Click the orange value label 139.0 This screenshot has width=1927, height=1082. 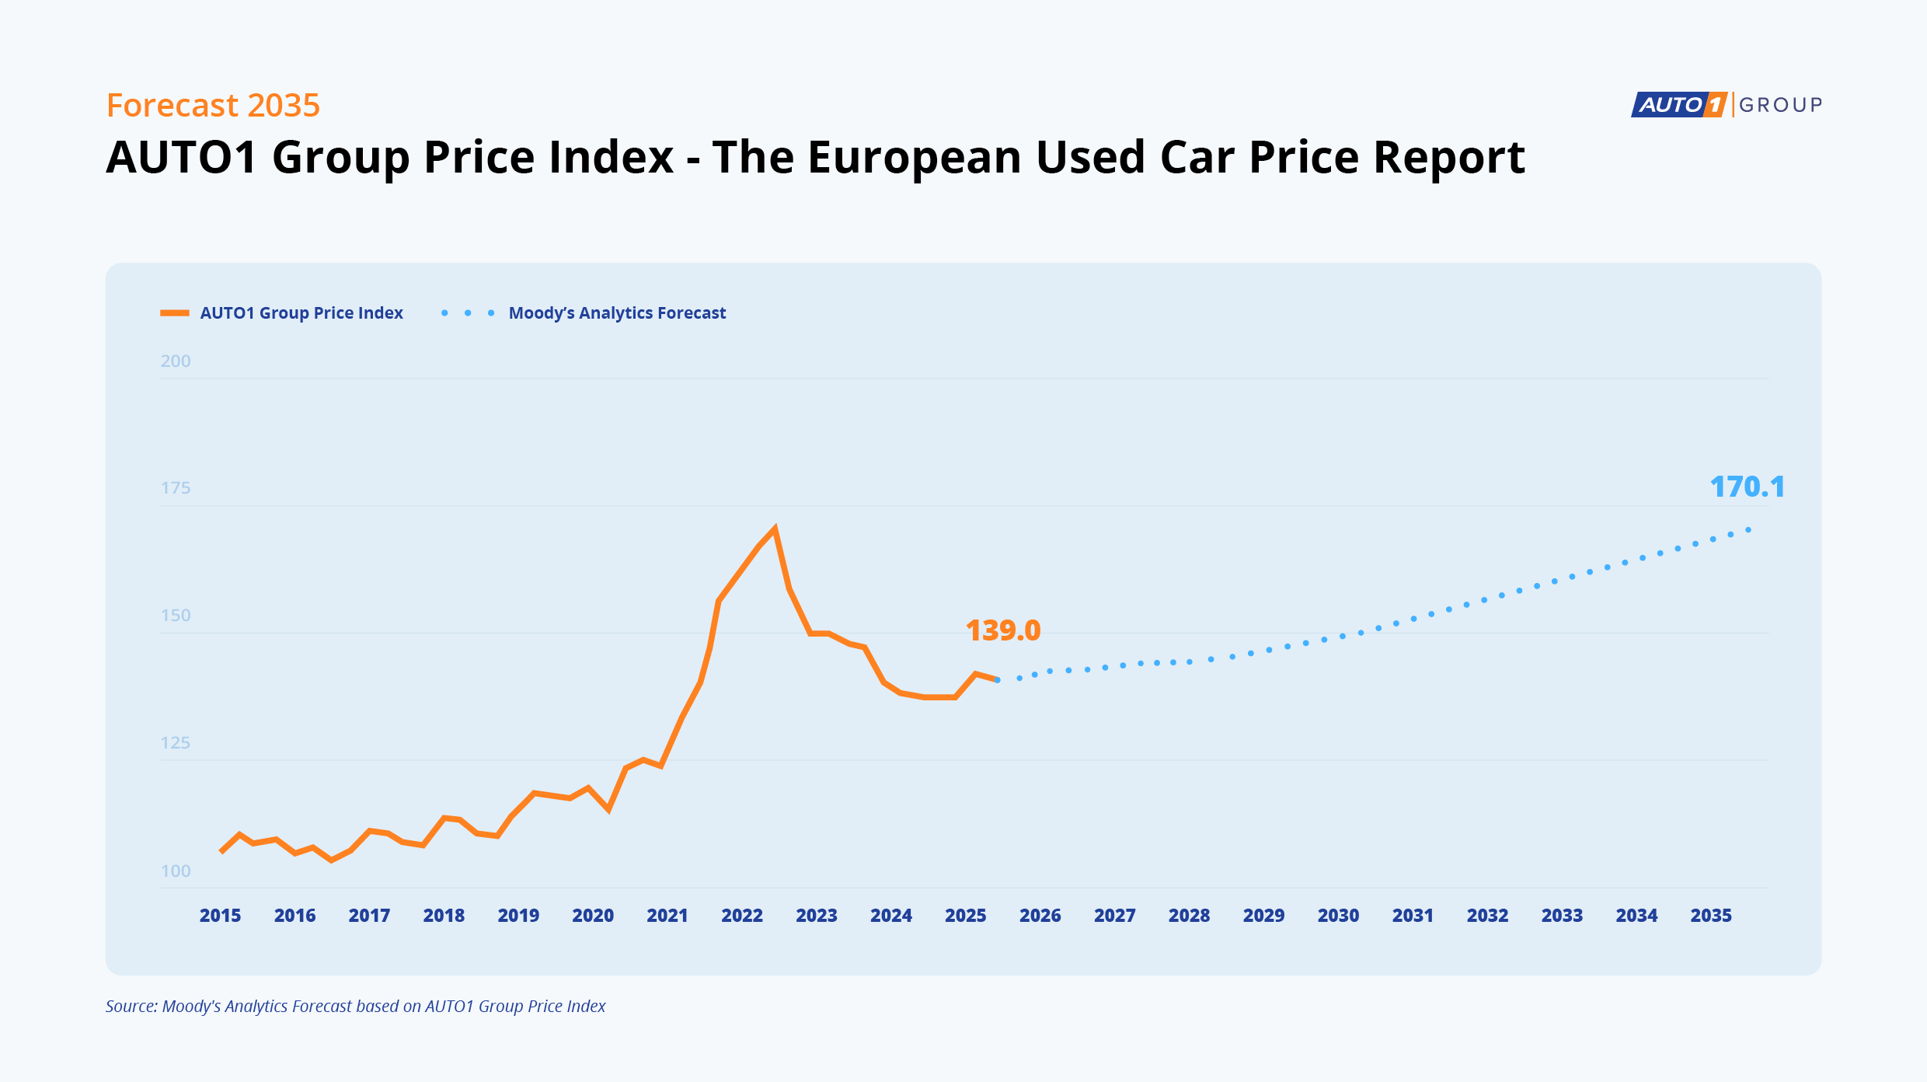point(1002,630)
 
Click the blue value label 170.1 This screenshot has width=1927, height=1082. point(1747,487)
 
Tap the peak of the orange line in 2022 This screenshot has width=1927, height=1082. point(775,529)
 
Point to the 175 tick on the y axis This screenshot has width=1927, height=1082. point(176,488)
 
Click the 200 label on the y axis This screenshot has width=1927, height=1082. point(176,361)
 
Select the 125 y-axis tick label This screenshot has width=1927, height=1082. point(176,743)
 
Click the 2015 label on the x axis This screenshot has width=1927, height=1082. point(220,916)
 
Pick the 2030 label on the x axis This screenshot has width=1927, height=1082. point(1338,916)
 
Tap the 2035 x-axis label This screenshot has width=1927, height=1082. point(1711,916)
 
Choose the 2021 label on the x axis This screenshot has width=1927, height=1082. point(667,916)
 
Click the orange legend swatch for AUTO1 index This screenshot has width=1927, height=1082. point(175,313)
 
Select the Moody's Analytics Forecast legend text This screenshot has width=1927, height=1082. point(617,313)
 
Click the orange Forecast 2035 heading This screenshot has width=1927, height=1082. point(213,105)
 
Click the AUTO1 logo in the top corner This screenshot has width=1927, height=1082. point(1678,104)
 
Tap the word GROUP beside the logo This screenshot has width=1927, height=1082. point(1780,105)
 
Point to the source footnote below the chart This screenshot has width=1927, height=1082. point(355,1007)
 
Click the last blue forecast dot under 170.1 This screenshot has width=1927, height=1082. point(1748,530)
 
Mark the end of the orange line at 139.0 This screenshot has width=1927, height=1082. point(996,679)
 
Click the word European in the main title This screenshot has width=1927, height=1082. point(918,158)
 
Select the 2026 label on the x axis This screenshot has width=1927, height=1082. point(1040,916)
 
